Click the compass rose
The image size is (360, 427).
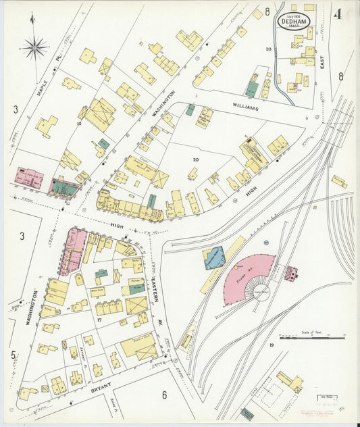click(x=34, y=47)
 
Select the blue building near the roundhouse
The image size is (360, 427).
click(x=214, y=257)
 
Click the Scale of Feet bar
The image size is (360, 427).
click(x=311, y=337)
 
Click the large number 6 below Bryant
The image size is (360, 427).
click(x=163, y=395)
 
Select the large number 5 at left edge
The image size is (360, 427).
click(x=13, y=354)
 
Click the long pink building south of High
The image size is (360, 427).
click(x=72, y=251)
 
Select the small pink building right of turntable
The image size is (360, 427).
click(x=292, y=274)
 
